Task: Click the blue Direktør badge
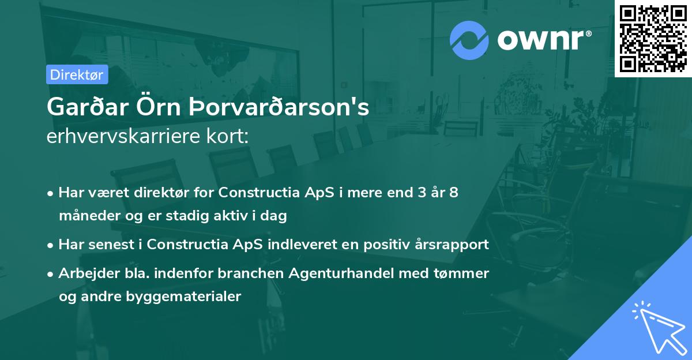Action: pos(77,74)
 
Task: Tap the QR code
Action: pos(653,38)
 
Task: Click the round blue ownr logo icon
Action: pos(469,40)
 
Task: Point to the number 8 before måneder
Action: pos(454,192)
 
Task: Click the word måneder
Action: pos(85,216)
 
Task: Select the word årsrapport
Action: pos(452,244)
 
